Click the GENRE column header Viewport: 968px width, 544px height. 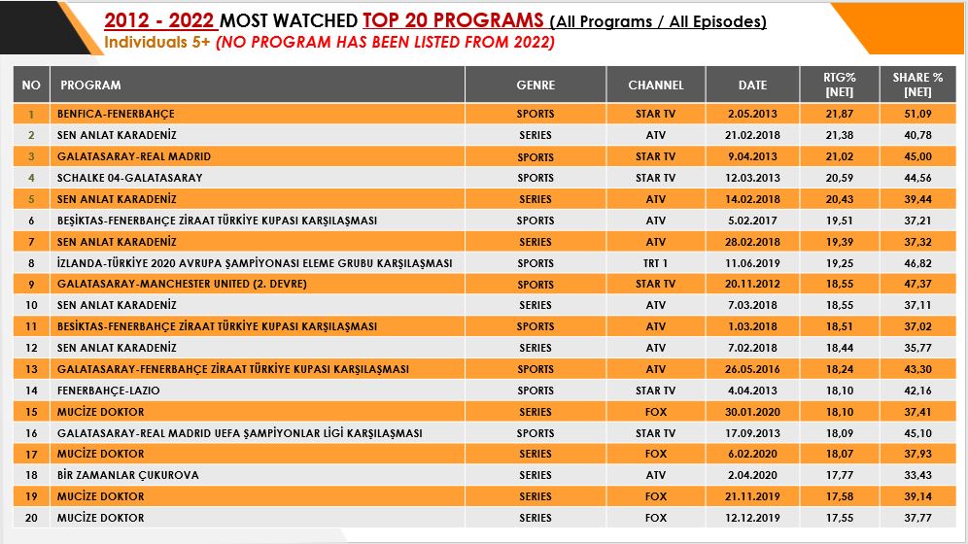coord(536,85)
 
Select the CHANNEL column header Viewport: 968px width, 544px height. coord(656,85)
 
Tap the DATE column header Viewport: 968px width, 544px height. coord(752,85)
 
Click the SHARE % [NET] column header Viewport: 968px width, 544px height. coord(917,85)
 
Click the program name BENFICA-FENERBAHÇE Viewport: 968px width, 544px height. coord(116,114)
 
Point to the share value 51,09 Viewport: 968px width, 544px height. coord(917,114)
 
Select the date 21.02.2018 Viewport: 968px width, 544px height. coord(752,135)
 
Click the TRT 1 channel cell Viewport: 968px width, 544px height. coord(656,263)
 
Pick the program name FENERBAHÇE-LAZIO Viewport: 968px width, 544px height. coord(108,391)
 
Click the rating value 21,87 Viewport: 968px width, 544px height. coord(839,114)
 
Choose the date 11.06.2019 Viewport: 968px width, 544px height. coord(752,263)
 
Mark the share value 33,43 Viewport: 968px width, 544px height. coord(917,475)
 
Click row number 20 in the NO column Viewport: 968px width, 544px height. coord(31,518)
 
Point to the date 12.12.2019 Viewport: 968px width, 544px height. coord(752,518)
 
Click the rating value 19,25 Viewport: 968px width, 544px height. coord(839,263)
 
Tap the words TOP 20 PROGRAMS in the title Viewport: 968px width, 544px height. coord(454,20)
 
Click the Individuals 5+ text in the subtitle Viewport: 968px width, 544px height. coord(156,43)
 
